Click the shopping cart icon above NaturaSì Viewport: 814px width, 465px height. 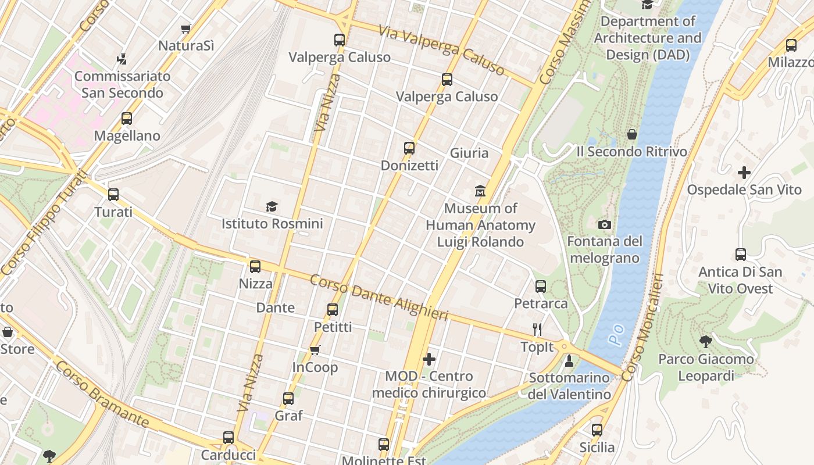(186, 28)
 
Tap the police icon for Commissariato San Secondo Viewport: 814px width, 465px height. (122, 59)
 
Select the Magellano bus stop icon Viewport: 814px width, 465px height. (127, 119)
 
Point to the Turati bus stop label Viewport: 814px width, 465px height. (113, 212)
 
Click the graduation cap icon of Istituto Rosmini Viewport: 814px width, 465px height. (272, 206)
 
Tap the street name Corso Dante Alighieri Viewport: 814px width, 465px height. (379, 297)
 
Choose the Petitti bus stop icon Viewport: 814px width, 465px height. (333, 310)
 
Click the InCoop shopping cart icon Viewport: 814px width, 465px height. (315, 350)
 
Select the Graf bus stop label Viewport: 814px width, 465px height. (288, 416)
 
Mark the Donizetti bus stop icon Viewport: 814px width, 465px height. (409, 148)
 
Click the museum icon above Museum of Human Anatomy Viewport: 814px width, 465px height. (480, 191)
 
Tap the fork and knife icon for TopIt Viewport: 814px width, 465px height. (537, 330)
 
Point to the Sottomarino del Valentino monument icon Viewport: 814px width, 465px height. (569, 361)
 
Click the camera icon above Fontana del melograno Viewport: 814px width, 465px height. (605, 224)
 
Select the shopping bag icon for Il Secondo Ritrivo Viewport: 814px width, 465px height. (632, 135)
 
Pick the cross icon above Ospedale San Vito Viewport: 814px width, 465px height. (744, 173)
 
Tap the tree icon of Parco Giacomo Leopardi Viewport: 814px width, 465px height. (706, 342)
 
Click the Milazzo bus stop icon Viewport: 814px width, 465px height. (791, 45)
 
